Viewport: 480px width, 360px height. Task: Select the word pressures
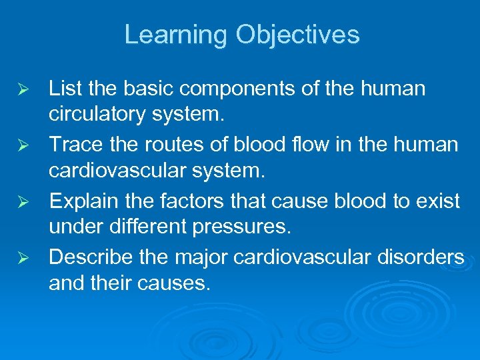241,228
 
